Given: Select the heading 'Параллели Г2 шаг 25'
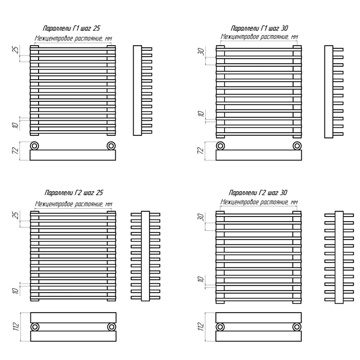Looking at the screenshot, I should click(74, 193).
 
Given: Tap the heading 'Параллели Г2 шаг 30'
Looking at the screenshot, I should click(258, 193).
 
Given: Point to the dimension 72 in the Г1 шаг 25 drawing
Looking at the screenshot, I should click(16, 151).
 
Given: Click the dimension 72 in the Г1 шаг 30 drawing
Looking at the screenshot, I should click(201, 151).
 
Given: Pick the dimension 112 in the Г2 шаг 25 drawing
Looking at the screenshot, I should click(16, 326).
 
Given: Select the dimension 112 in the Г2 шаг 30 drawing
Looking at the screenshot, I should click(201, 326).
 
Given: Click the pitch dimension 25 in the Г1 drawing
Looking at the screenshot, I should click(16, 50).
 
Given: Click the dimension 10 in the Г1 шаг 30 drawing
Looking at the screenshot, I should click(201, 114).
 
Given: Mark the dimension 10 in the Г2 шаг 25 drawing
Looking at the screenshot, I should click(16, 290).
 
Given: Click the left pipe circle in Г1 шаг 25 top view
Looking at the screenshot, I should click(35, 145).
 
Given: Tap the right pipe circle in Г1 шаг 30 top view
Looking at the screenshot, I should click(297, 145).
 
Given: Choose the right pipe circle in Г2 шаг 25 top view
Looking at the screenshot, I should click(111, 327).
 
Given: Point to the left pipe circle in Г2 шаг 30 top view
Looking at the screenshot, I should click(221, 327).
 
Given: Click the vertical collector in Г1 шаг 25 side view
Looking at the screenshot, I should click(137, 91).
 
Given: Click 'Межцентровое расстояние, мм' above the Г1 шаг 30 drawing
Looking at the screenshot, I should click(259, 37).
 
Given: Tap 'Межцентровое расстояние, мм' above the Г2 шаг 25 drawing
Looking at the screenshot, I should click(73, 204).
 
